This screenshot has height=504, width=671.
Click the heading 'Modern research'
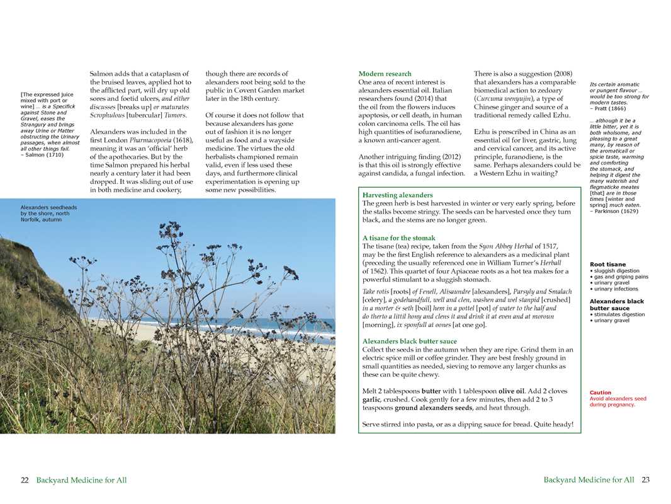tap(385, 74)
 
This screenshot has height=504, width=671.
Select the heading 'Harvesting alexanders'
tap(397, 195)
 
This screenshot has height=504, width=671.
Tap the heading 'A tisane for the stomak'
tap(398, 238)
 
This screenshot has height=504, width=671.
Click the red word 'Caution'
tap(600, 392)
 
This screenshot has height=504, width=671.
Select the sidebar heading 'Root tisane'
tap(607, 265)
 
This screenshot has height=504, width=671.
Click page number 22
tap(25, 480)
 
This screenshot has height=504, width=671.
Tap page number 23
tap(645, 480)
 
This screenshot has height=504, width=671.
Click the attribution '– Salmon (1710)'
tap(42, 154)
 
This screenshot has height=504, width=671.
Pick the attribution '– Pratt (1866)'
tap(608, 108)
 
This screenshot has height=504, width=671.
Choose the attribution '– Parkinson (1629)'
tap(614, 211)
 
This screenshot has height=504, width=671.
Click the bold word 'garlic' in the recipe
tap(373, 399)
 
